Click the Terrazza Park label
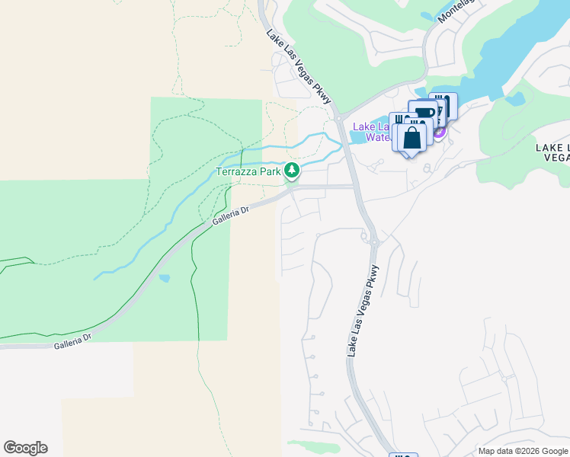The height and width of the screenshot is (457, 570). point(249,172)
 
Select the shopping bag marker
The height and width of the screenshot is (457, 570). point(411,139)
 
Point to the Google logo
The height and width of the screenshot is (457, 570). point(25,448)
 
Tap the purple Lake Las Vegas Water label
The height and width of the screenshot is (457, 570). point(371,132)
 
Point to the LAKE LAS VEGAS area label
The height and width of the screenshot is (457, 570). point(552,152)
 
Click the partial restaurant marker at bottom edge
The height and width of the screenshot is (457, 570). point(403,455)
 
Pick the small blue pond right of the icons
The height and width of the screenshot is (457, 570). point(516,98)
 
